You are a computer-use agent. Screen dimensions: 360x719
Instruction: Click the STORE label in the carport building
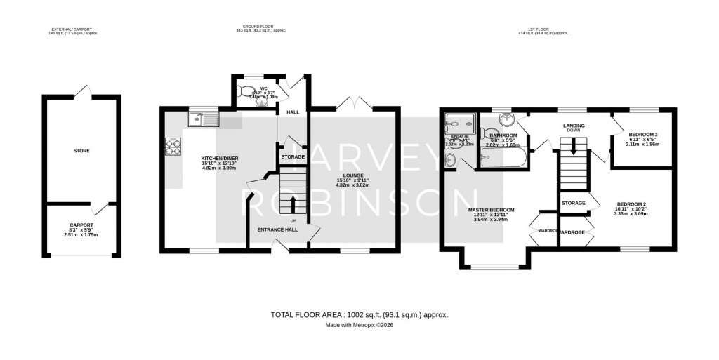[x=81, y=151]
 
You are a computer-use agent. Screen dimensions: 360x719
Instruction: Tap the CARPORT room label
[x=81, y=225]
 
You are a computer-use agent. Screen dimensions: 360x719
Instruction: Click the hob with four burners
[x=173, y=147]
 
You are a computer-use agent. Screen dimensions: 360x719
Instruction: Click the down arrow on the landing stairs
[x=574, y=146]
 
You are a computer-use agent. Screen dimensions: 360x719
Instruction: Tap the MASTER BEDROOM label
[x=491, y=210]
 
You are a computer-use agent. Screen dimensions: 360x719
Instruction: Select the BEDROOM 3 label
[x=642, y=134]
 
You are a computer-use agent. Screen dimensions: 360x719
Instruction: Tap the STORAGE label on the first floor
[x=574, y=203]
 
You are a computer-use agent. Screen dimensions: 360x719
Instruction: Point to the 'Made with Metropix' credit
[x=359, y=325]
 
